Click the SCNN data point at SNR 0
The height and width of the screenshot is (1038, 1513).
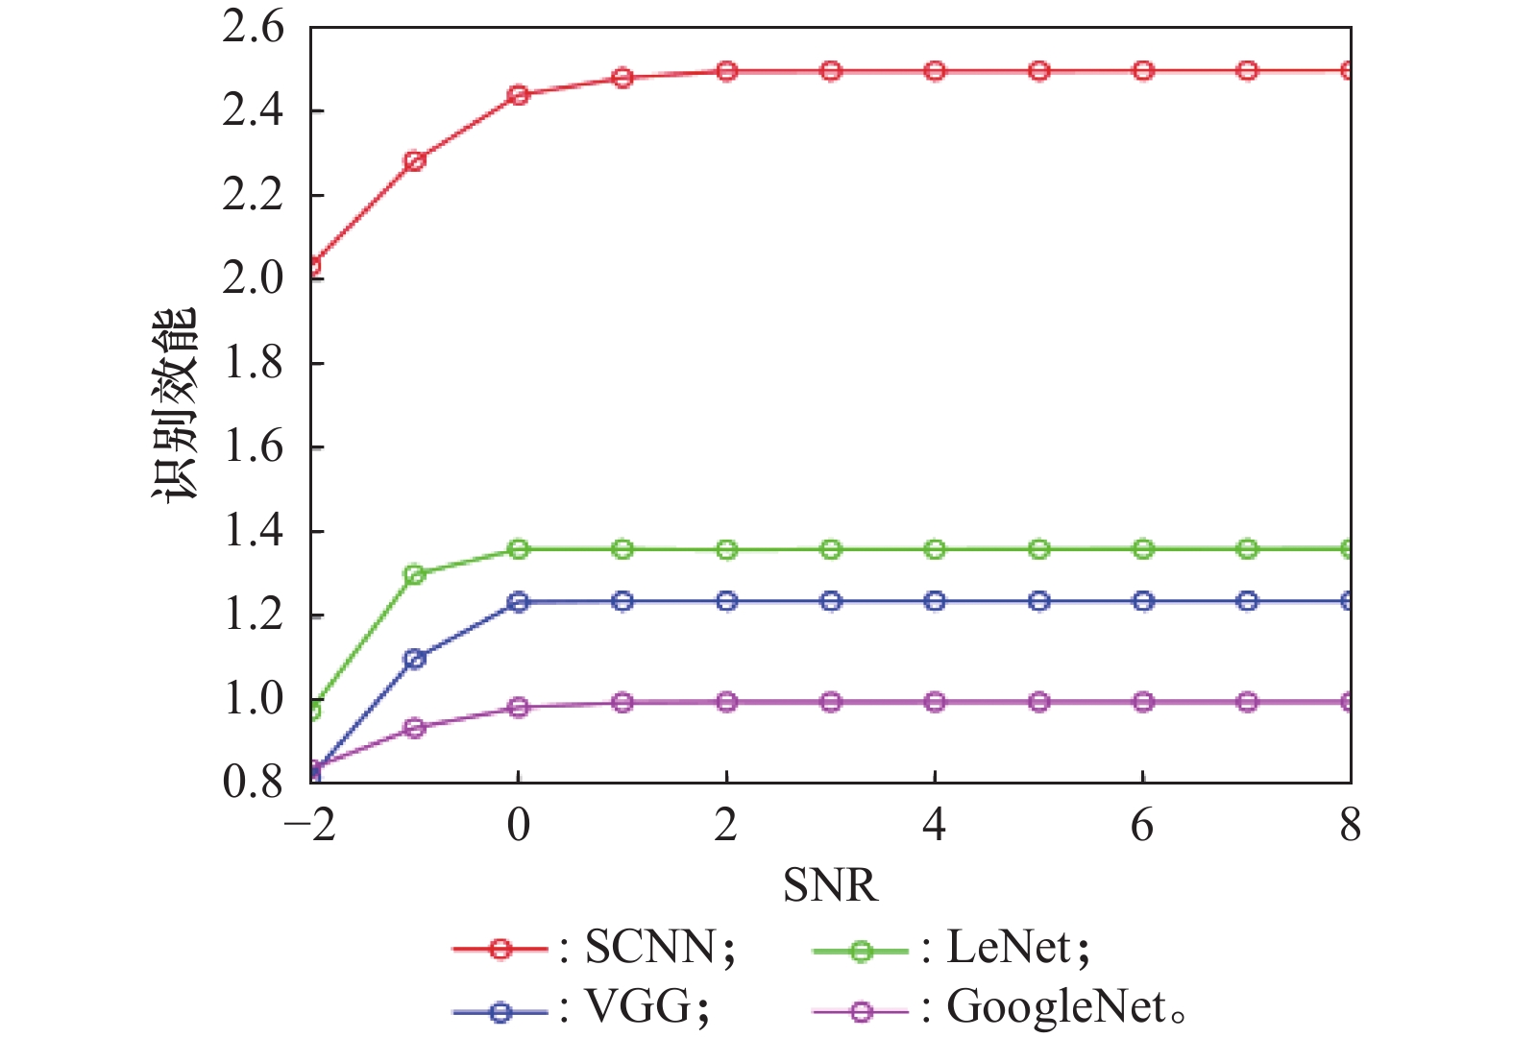click(519, 95)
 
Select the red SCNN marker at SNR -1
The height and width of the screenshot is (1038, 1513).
click(415, 160)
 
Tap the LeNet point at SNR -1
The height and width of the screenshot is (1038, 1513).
click(415, 575)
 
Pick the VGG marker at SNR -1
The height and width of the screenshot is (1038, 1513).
click(415, 659)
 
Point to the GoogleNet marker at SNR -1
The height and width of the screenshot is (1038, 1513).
click(415, 728)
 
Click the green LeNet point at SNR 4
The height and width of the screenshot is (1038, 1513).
click(935, 549)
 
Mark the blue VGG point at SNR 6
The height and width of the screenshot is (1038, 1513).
click(1143, 601)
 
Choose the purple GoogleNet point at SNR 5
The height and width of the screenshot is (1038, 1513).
click(1039, 702)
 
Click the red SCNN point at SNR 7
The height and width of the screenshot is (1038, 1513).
click(1247, 70)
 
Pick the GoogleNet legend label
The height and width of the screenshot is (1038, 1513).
click(1057, 1008)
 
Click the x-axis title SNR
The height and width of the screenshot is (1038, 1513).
click(830, 885)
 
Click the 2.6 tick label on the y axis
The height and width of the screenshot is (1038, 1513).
click(254, 27)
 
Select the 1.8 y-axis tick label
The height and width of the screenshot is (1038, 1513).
click(254, 363)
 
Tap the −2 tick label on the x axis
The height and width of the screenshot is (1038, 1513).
click(310, 826)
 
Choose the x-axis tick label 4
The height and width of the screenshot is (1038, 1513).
click(935, 826)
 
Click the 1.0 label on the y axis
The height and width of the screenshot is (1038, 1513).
click(254, 699)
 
